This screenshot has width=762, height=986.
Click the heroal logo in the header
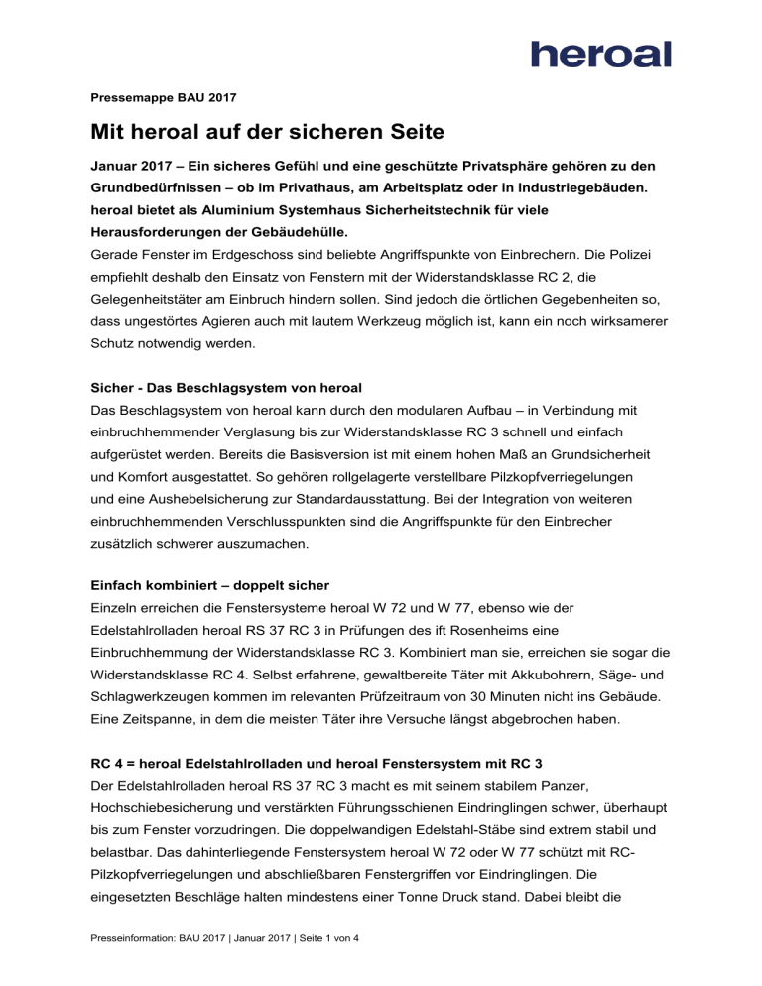(601, 54)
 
